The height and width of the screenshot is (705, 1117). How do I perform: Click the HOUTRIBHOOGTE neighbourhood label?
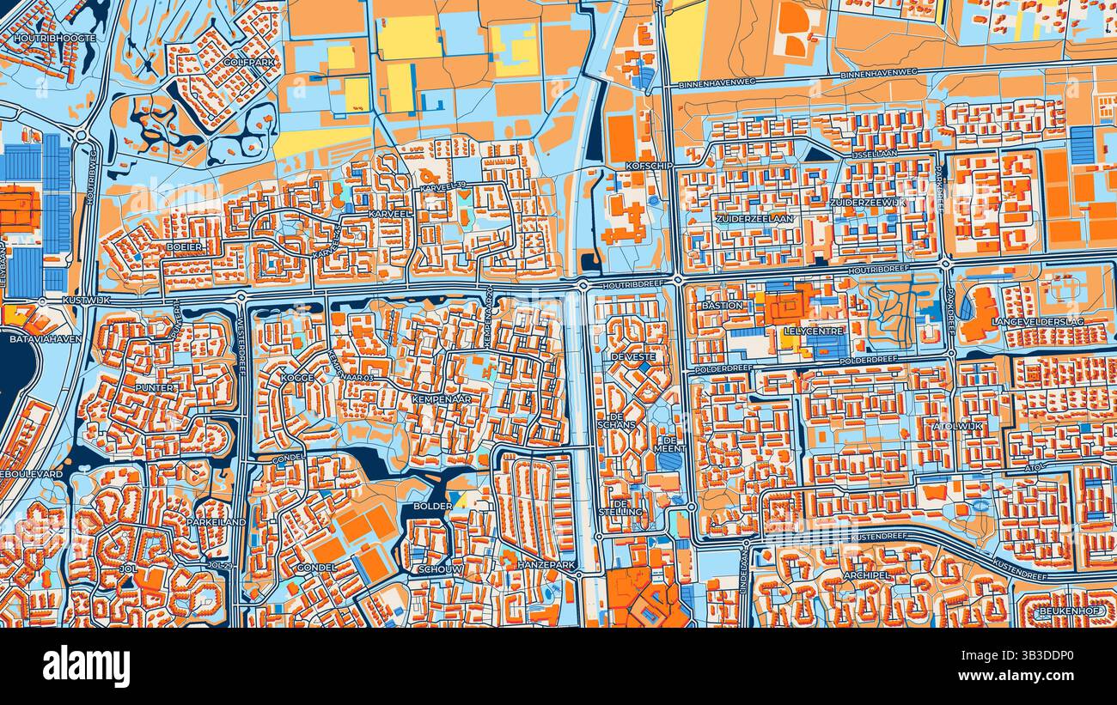pos(56,39)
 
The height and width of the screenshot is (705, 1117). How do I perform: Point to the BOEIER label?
pos(185,246)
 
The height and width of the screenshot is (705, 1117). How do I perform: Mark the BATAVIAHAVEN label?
pos(35,339)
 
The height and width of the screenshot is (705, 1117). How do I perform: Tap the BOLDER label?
pos(432,506)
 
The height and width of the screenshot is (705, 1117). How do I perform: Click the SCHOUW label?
pos(442,569)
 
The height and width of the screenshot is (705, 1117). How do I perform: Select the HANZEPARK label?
pos(546,565)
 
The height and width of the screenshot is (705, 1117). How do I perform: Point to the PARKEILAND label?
pos(216,521)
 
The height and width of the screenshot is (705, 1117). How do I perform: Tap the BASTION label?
pos(722,305)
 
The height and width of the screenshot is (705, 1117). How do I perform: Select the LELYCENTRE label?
pos(814,331)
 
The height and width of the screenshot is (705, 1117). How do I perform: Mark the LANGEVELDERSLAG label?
pos(1037,320)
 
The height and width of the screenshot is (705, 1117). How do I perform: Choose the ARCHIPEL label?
pos(865,574)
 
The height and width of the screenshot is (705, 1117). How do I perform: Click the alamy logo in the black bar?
pos(86,666)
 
